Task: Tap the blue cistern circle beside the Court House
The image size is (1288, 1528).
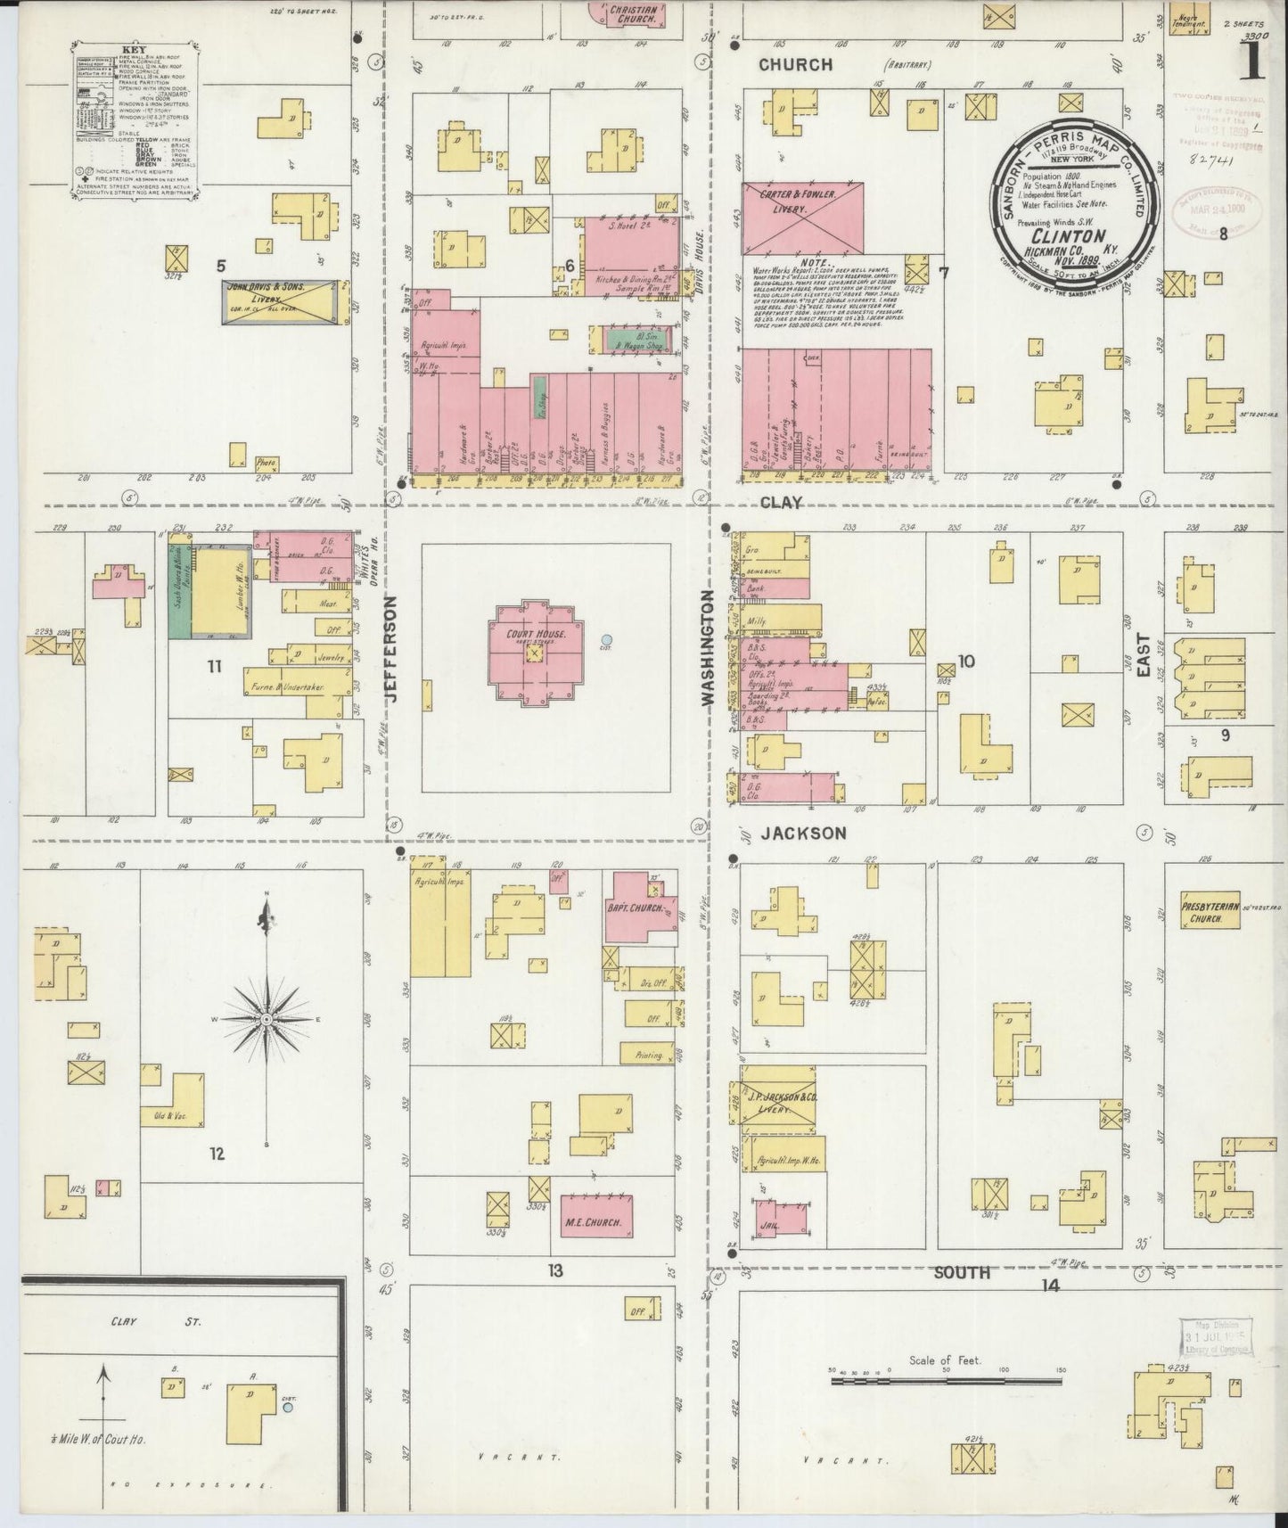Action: point(606,639)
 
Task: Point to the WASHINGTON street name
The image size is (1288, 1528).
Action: point(710,648)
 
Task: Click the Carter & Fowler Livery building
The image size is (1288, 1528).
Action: point(803,218)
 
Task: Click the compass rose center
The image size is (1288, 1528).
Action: point(267,1018)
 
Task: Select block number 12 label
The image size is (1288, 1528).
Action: point(217,1154)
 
